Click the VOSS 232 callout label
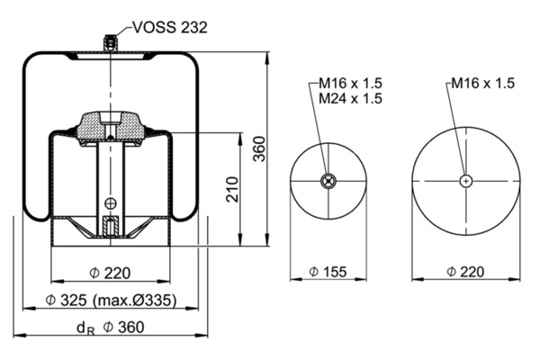pyautogui.click(x=170, y=27)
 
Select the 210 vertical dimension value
pyautogui.click(x=232, y=189)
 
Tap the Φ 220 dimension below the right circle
pyautogui.click(x=464, y=271)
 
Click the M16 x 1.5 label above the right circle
pyautogui.click(x=482, y=84)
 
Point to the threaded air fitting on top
pyautogui.click(x=109, y=43)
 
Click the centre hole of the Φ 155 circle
pyautogui.click(x=328, y=181)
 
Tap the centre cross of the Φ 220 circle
pyautogui.click(x=464, y=181)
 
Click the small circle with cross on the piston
pyautogui.click(x=110, y=202)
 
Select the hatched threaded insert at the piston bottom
pyautogui.click(x=110, y=225)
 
